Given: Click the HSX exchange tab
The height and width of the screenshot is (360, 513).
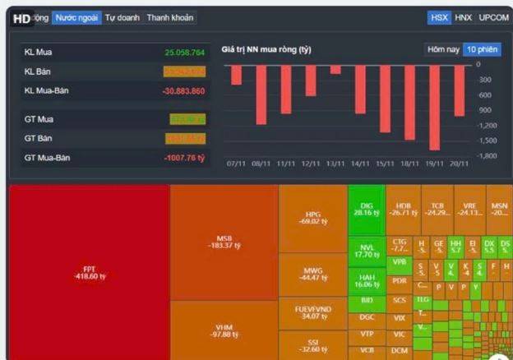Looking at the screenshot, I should tap(439, 17).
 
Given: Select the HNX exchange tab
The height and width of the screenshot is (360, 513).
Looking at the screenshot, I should tap(464, 17).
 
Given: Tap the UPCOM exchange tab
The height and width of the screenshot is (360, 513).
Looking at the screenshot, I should tap(493, 17).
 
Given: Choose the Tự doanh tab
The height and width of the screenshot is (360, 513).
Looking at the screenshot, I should tap(122, 17).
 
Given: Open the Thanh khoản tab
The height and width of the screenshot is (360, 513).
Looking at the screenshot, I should tap(170, 17).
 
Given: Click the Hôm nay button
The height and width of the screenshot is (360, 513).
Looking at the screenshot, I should tap(443, 49).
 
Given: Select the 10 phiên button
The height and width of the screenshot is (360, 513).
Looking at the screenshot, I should tap(482, 49).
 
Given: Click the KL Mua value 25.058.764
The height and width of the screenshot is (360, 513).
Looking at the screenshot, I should tap(184, 53).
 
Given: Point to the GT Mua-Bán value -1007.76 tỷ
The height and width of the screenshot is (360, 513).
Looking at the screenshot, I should tap(183, 157).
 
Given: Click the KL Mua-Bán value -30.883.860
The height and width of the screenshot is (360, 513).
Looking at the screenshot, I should tap(183, 90).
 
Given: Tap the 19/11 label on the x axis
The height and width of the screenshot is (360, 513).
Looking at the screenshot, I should tap(434, 164).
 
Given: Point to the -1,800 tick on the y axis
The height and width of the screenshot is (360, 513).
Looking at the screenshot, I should tap(487, 155).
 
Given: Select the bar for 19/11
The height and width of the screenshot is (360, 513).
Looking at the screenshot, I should tap(434, 107).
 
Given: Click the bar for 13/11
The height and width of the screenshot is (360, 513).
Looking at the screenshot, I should tap(335, 69).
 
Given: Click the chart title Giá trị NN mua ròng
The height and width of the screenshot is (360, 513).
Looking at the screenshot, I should tap(266, 50).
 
